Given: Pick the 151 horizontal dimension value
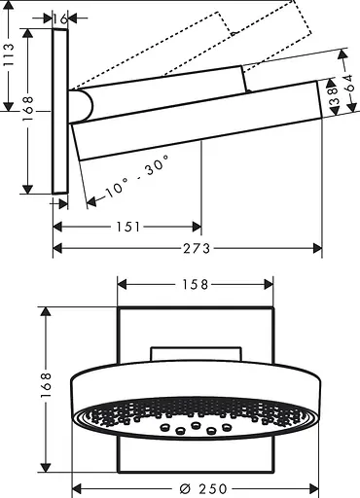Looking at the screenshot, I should click(x=126, y=226).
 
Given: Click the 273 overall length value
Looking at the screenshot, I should click(x=196, y=249).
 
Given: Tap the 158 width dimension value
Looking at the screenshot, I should click(x=196, y=284).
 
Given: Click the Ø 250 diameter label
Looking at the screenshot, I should click(x=203, y=486).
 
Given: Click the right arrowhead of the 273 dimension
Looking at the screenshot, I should click(x=317, y=249).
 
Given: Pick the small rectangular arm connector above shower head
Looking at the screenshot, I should click(x=196, y=352).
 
